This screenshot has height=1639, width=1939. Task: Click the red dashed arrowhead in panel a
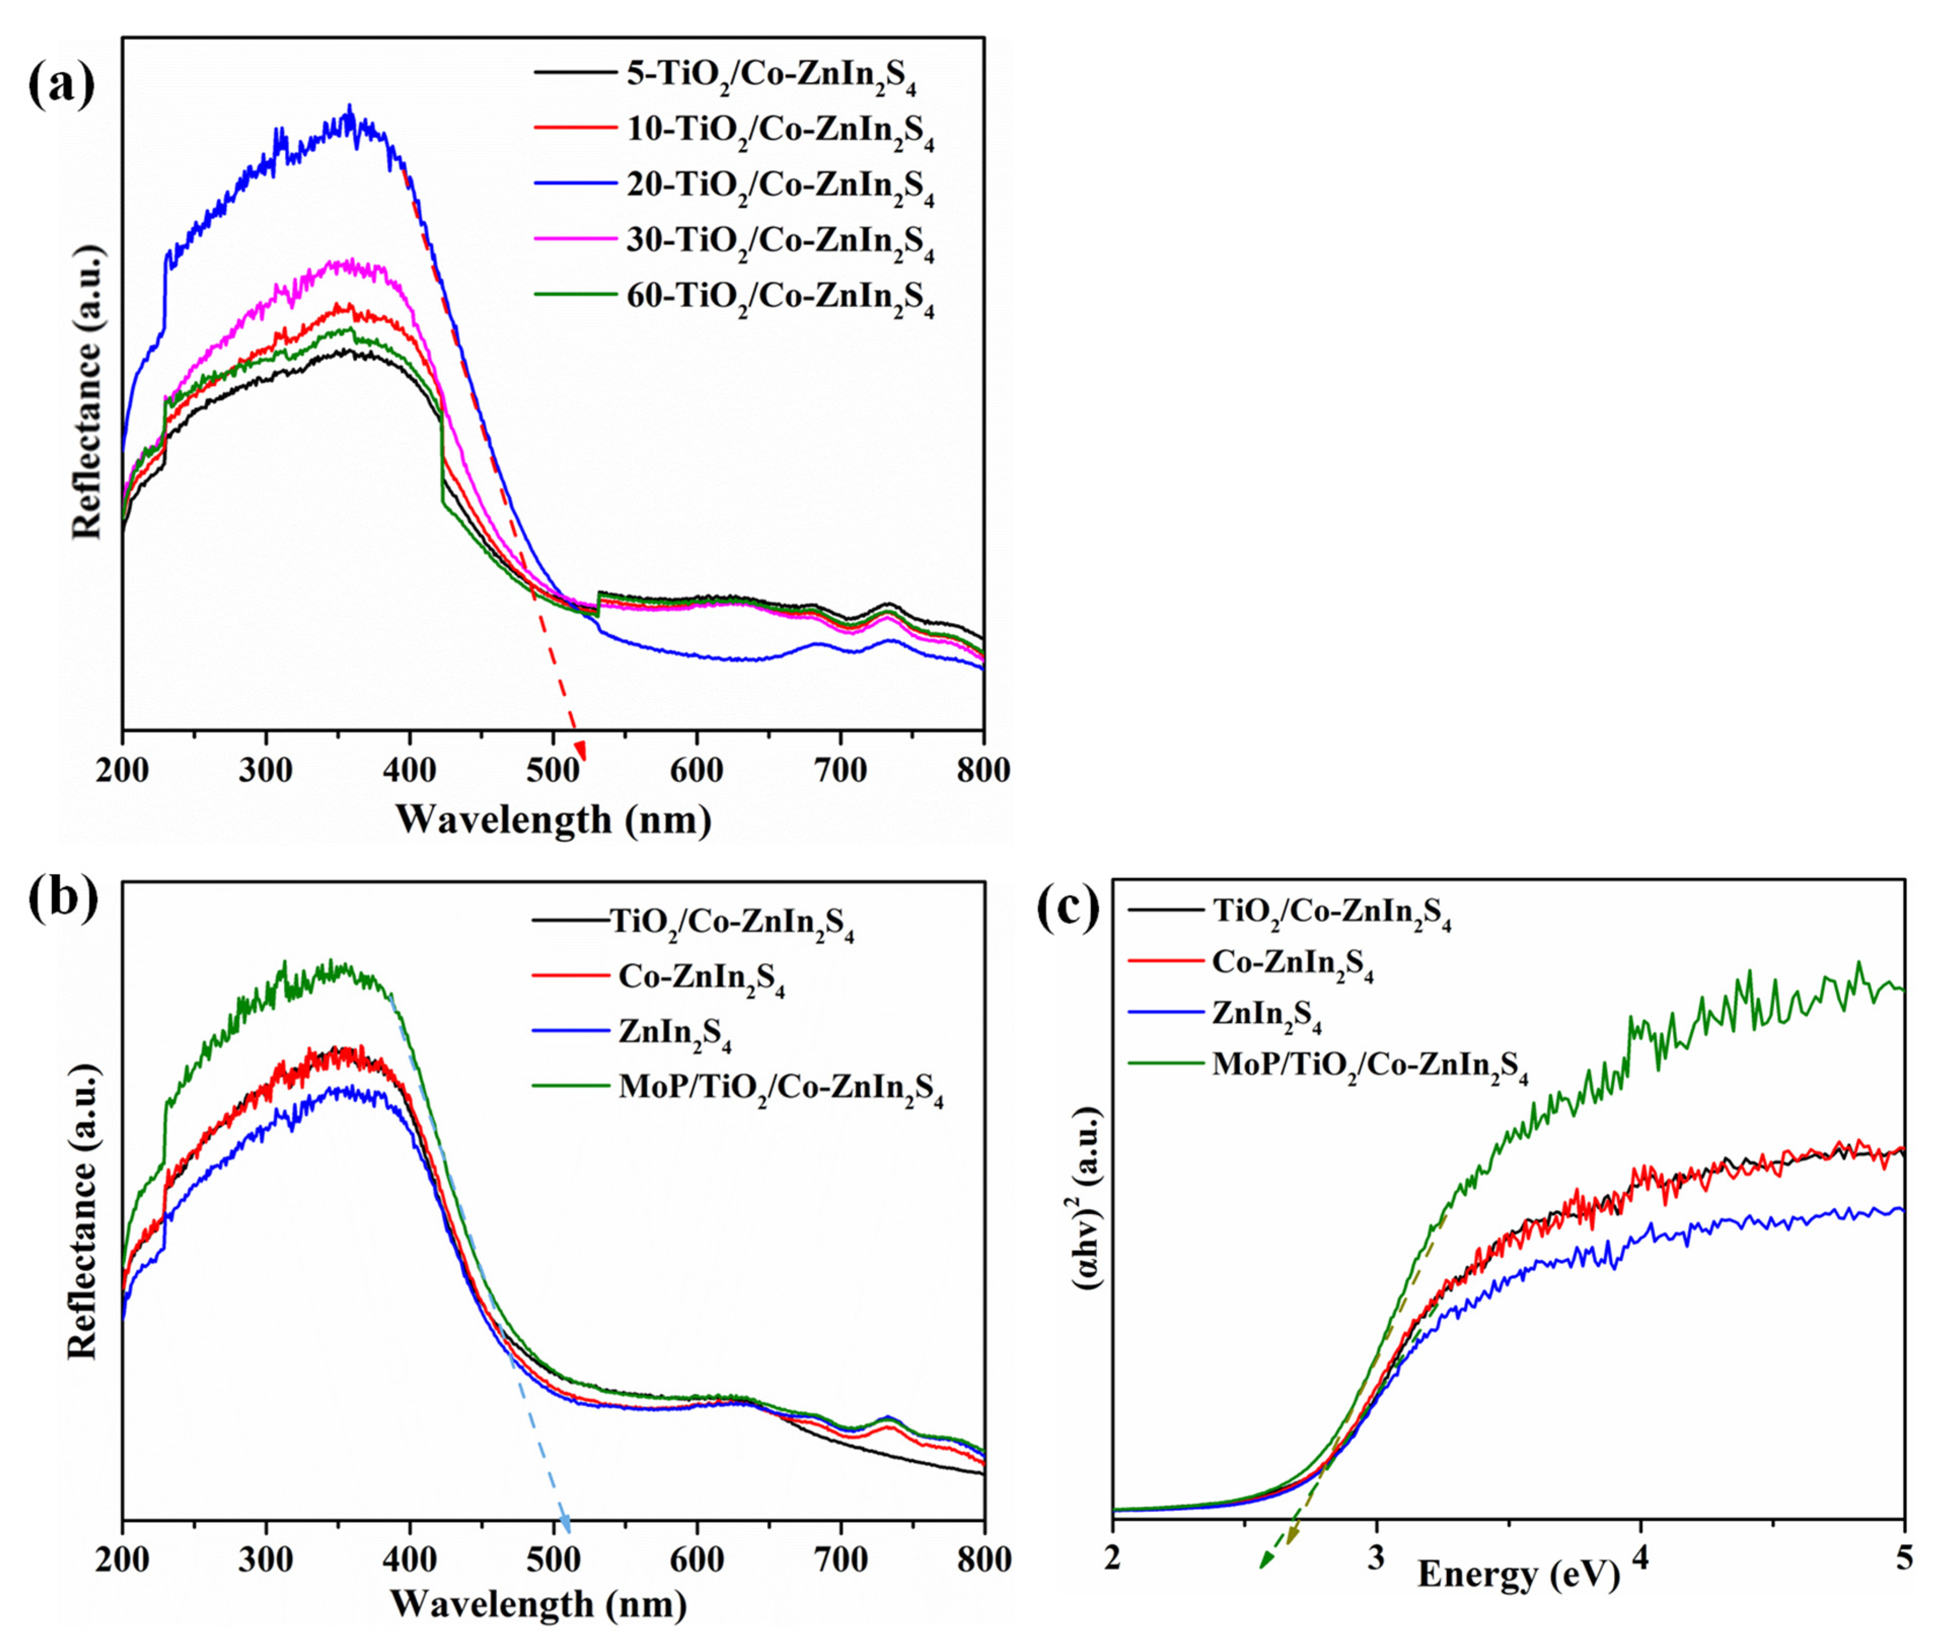[580, 751]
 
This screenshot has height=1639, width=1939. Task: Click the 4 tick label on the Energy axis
[1641, 1557]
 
